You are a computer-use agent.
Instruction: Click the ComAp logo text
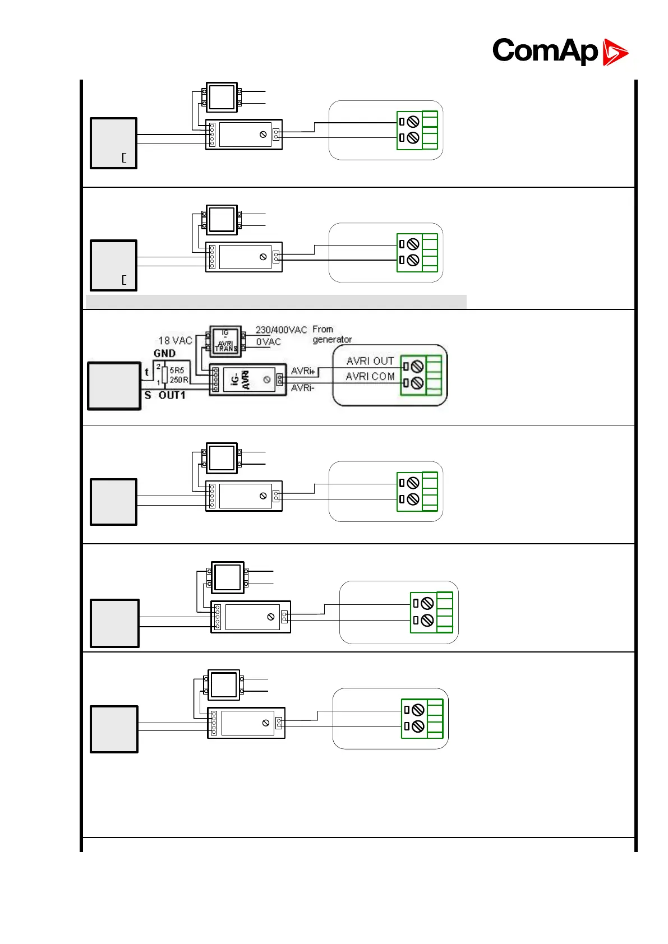click(x=545, y=51)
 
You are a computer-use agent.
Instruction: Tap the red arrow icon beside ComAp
click(x=615, y=52)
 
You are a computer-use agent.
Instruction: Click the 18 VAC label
click(x=175, y=341)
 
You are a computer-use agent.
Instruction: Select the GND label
click(x=164, y=353)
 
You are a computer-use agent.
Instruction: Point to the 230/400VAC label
click(x=281, y=330)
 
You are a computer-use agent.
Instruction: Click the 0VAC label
click(x=268, y=342)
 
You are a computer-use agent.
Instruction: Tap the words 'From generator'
click(x=331, y=334)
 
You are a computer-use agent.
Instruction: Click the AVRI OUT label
click(x=370, y=361)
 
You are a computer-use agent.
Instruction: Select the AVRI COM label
click(x=370, y=377)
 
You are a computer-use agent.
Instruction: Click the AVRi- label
click(x=303, y=388)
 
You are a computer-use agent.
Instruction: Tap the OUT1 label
click(x=172, y=395)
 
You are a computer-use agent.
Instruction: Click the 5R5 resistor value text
click(x=177, y=371)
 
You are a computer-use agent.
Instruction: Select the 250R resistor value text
click(x=179, y=380)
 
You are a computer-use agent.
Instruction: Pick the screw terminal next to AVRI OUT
click(x=417, y=367)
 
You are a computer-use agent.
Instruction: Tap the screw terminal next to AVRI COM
click(x=417, y=383)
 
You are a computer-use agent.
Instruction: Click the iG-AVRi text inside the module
click(x=241, y=380)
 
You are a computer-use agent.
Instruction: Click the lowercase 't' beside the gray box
click(x=147, y=372)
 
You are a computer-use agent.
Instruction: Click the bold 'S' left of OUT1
click(x=148, y=395)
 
